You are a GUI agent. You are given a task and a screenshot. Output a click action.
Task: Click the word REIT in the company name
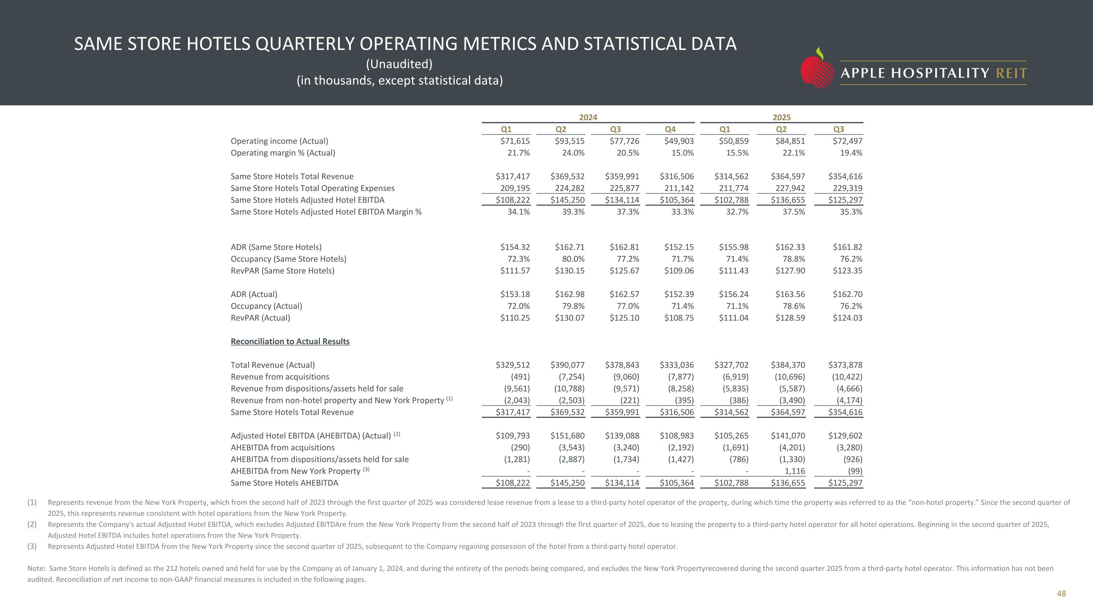1011,73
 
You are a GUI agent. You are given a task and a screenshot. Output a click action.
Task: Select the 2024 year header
588,117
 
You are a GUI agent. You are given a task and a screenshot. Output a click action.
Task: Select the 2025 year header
781,117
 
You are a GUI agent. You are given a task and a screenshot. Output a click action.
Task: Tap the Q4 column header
670,129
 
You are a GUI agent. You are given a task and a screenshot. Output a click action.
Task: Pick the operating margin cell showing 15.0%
682,153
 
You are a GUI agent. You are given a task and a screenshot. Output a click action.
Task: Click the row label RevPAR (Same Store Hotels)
282,271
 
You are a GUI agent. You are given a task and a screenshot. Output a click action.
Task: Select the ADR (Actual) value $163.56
790,295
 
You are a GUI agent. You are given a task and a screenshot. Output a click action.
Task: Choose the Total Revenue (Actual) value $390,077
567,365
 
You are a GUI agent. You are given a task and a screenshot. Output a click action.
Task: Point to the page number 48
1061,594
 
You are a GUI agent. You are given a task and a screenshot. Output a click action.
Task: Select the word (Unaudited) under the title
399,64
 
